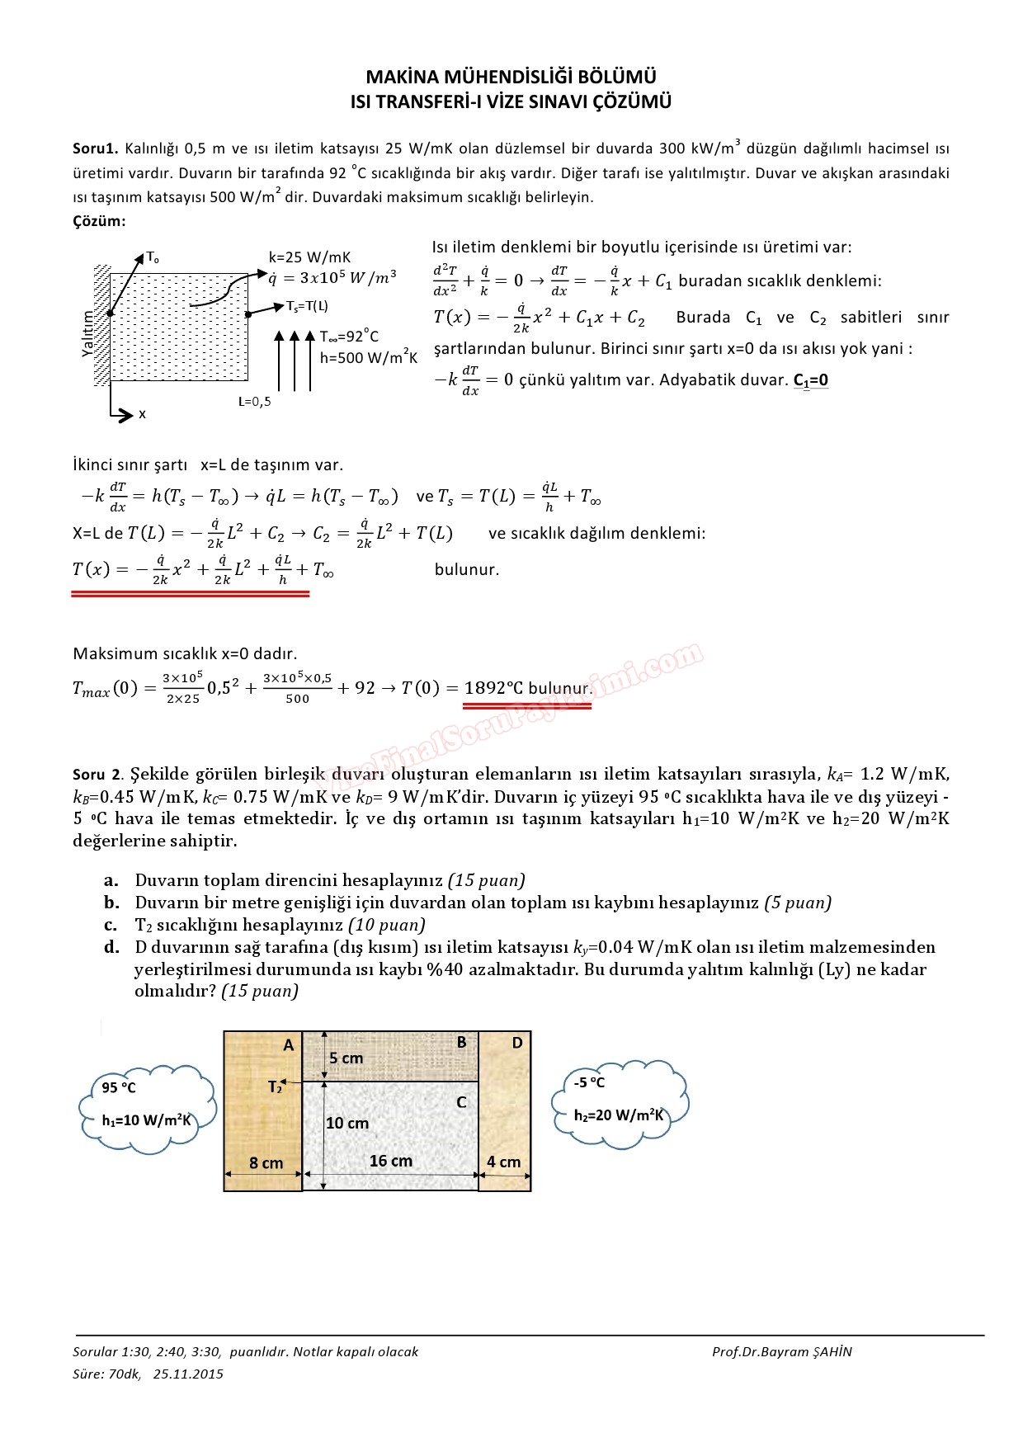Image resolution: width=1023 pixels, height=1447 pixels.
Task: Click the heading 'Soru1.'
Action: coord(96,148)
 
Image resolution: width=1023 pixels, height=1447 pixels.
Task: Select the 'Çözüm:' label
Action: coord(99,221)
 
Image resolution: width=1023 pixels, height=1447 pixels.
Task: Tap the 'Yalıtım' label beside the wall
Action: coord(89,333)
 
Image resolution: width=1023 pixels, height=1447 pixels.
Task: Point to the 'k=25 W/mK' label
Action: coord(309,257)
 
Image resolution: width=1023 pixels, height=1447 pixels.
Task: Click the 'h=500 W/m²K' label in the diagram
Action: coord(368,358)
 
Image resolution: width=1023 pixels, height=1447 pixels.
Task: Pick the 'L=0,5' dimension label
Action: coord(254,402)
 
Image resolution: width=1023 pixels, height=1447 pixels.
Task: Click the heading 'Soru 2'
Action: coord(97,775)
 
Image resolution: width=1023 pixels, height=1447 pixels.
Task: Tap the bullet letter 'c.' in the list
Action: coord(111,925)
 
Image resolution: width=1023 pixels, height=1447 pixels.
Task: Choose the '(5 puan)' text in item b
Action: coord(797,903)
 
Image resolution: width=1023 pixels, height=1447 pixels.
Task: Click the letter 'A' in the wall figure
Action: coord(289,1045)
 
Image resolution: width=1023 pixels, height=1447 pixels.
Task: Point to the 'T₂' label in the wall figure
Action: coord(276,1087)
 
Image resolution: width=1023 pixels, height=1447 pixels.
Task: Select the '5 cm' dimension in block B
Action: coord(346,1058)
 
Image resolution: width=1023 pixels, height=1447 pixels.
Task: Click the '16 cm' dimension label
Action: coord(390,1161)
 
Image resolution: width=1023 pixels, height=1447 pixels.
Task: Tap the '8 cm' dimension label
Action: coord(266,1163)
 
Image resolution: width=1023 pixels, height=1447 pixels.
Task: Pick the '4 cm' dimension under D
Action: coord(503,1162)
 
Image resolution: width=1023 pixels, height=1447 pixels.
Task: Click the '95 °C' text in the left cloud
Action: coord(119,1088)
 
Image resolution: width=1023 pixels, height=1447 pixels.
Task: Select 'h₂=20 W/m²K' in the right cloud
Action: coord(619,1115)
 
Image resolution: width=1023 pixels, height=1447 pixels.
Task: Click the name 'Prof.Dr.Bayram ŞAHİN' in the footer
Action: coord(781,1352)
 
